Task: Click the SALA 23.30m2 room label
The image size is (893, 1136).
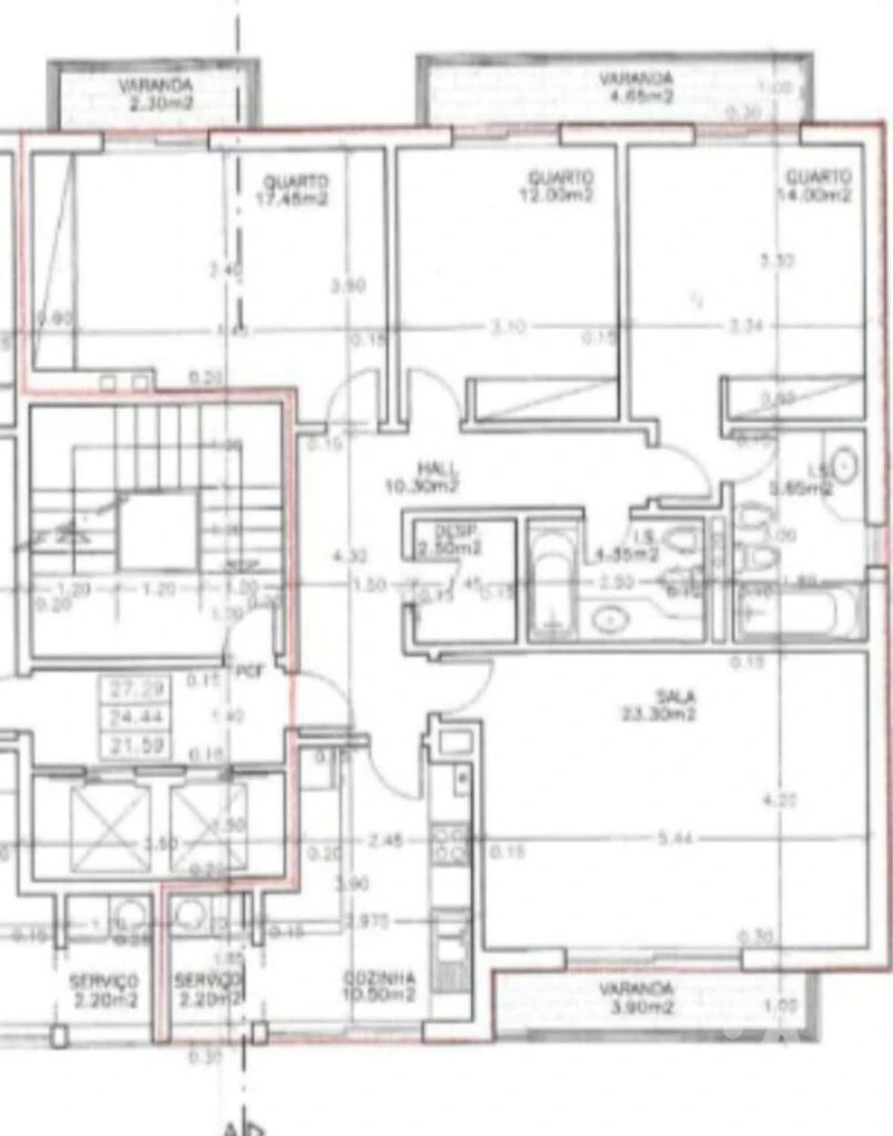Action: [672, 705]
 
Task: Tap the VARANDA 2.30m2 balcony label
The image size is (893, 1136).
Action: [155, 93]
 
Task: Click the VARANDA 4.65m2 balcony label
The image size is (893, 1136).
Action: [635, 87]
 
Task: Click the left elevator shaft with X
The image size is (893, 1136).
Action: [107, 825]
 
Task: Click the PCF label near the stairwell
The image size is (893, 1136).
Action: [247, 672]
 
